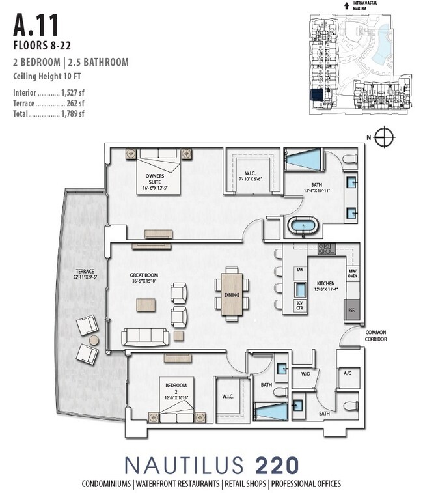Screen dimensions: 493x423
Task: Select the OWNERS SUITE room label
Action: click(154, 179)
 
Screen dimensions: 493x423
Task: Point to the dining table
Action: click(232, 295)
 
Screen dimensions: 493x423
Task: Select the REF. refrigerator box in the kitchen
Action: click(352, 310)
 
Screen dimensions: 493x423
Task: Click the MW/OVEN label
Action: click(352, 274)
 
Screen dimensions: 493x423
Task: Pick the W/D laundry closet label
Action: click(306, 374)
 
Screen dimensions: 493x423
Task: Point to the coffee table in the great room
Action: click(146, 304)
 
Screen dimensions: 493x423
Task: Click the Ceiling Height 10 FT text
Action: click(47, 76)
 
